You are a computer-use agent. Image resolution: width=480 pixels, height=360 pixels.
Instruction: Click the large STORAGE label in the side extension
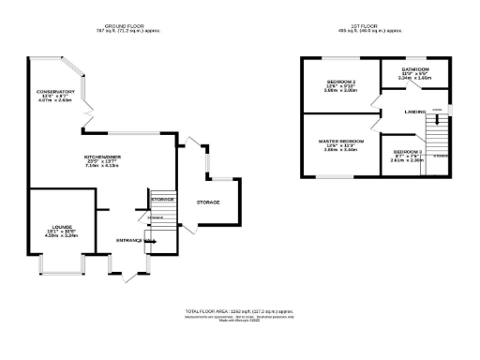point(208,202)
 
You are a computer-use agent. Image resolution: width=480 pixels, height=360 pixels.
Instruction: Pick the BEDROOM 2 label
point(340,82)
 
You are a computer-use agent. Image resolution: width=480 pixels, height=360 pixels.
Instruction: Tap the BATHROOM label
point(415,69)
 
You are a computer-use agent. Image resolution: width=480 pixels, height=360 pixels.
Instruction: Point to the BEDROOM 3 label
point(409,152)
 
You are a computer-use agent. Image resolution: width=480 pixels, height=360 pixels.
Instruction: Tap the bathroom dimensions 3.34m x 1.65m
point(415,79)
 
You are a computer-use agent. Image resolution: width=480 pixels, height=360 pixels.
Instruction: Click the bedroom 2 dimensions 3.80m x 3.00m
point(340,91)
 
